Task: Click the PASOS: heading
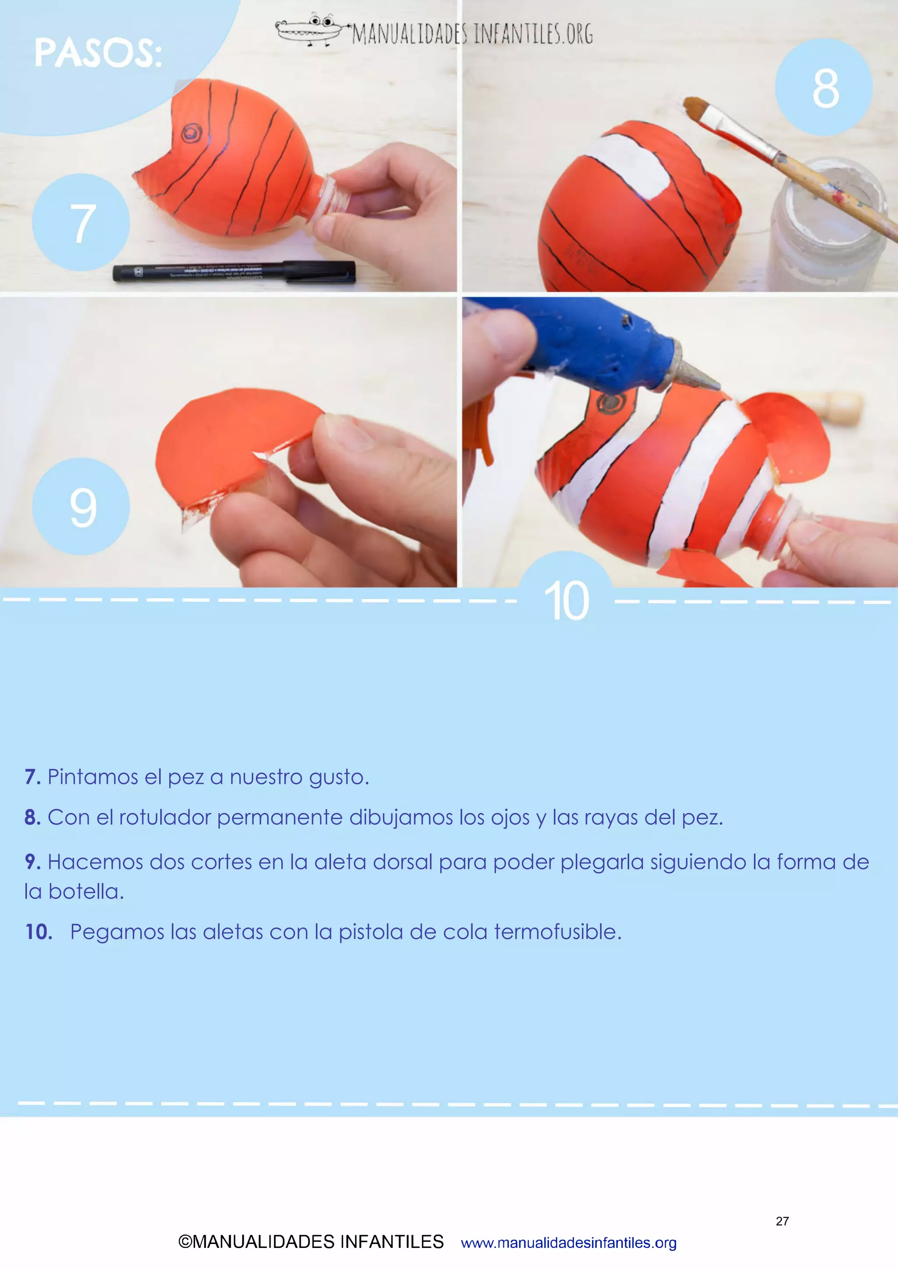pos(98,53)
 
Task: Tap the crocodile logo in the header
pos(309,30)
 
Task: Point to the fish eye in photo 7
pos(191,133)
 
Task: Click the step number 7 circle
pos(81,222)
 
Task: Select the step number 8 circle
pos(824,87)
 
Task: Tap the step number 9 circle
pos(81,506)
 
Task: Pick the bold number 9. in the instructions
pos(32,861)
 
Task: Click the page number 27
pos(782,1221)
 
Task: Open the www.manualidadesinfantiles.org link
pos(568,1243)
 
